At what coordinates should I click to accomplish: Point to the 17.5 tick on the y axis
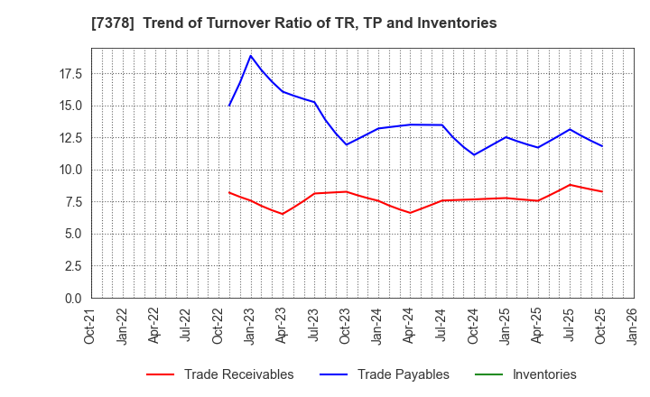coord(70,73)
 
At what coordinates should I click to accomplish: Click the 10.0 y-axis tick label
coord(70,170)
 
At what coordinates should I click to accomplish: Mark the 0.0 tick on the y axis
coord(73,298)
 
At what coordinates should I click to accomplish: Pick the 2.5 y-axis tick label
coord(73,266)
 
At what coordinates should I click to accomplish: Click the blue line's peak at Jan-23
coord(251,56)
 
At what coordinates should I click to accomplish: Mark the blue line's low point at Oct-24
coord(474,155)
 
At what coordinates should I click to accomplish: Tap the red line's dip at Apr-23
coord(283,214)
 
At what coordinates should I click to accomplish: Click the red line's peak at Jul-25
coord(570,185)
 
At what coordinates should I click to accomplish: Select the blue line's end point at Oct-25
coord(602,146)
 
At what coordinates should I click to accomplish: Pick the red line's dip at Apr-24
coord(411,213)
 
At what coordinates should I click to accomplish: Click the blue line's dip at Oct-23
coord(346,144)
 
